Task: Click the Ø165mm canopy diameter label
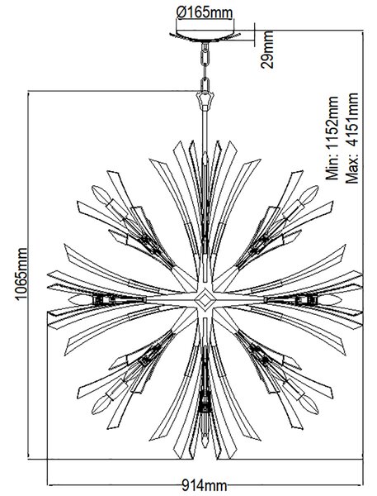[205, 13]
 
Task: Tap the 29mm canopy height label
[267, 50]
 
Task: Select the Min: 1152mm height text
[332, 138]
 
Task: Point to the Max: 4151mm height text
[352, 138]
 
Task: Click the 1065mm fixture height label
[21, 274]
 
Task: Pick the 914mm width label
[205, 485]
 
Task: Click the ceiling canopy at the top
[205, 36]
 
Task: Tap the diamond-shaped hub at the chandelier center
[205, 298]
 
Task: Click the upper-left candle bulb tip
[93, 188]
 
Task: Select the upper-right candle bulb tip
[317, 188]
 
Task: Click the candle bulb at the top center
[205, 158]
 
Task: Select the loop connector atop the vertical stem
[205, 100]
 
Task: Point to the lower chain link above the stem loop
[205, 84]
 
